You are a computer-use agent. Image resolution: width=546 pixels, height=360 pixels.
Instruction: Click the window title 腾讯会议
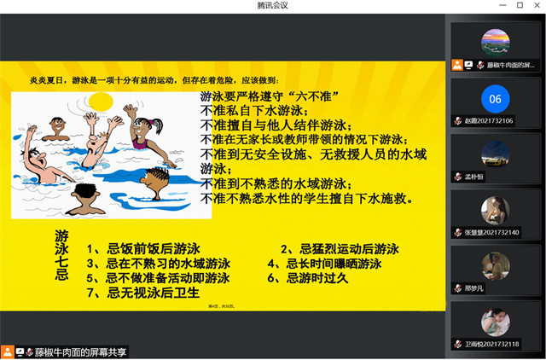click(273, 6)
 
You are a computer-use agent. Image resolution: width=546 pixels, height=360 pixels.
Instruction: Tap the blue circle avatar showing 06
click(495, 99)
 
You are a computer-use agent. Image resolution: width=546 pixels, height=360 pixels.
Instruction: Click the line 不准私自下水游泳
click(253, 111)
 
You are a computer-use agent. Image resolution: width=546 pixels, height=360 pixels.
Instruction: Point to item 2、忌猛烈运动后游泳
click(340, 250)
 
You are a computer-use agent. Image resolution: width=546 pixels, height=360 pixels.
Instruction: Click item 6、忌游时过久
click(308, 278)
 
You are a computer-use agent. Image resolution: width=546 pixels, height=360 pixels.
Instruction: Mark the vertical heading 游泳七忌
click(61, 254)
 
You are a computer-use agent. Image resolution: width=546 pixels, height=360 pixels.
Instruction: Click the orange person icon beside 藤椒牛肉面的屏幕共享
click(8, 351)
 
